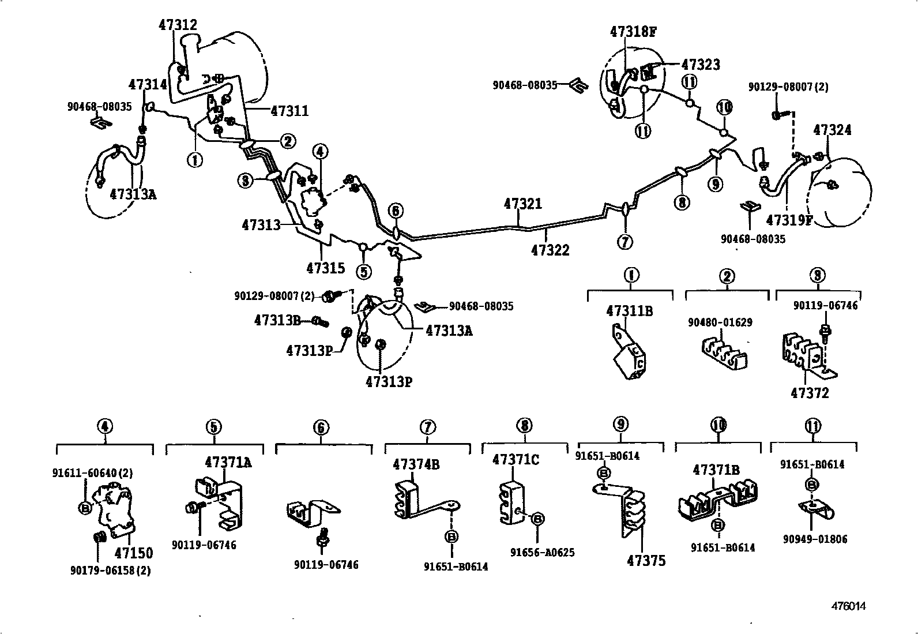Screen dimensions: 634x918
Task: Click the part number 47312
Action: [178, 25]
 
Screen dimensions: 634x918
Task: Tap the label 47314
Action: [148, 84]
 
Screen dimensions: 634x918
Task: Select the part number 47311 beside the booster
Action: [289, 111]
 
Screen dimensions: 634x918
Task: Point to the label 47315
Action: [326, 268]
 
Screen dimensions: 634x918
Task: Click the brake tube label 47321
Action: [522, 204]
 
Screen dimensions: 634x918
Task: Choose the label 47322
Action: [550, 250]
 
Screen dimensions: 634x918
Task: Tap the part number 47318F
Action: [633, 31]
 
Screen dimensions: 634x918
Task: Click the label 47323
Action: [701, 65]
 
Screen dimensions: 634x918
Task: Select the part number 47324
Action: [832, 130]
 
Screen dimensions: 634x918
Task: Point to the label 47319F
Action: [789, 220]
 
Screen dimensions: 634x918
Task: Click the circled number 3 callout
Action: [246, 181]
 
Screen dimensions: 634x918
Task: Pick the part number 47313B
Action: [277, 321]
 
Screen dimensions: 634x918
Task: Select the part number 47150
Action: [134, 553]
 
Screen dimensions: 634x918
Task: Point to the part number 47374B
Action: [416, 464]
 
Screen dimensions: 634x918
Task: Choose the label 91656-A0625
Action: [542, 552]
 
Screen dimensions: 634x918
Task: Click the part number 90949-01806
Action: [815, 539]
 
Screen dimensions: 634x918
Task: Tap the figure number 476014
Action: [848, 606]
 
